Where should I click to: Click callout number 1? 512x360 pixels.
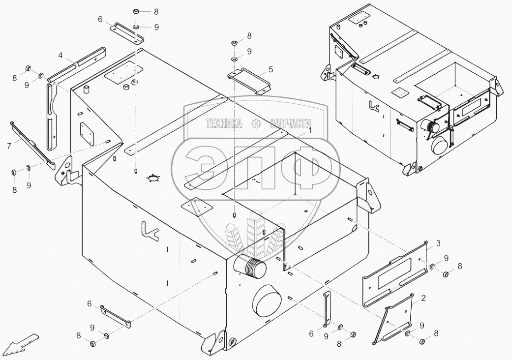(x=310, y=131)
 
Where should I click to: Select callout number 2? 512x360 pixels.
(x=422, y=298)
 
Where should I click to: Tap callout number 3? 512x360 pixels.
(x=437, y=243)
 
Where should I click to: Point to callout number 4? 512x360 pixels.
(x=60, y=55)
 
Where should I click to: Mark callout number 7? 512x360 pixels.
(x=9, y=145)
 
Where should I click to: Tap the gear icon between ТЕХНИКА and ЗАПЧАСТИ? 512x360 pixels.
(x=256, y=123)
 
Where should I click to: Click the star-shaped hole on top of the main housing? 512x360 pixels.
(x=154, y=179)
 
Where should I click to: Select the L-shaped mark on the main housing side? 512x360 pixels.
(x=149, y=230)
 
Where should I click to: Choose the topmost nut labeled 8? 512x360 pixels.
(x=136, y=11)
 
